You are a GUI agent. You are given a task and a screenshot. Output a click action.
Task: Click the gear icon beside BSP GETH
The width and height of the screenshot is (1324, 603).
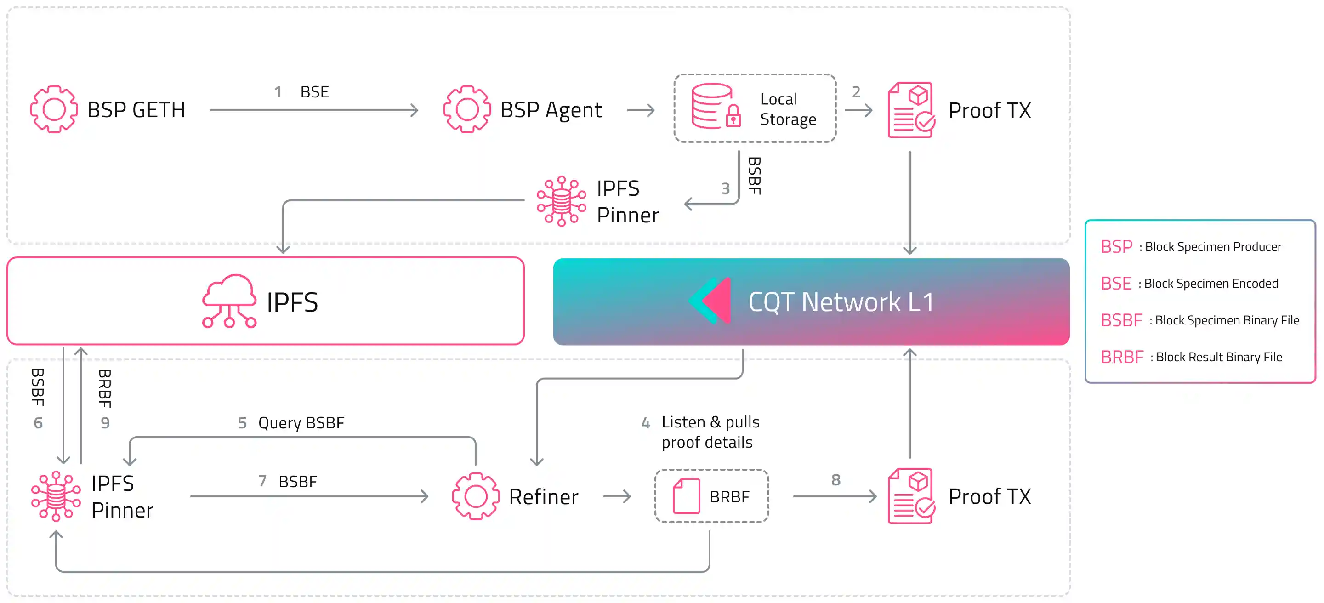[54, 109]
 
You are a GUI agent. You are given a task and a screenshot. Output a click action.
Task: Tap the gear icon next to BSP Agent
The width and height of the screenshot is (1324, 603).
[467, 109]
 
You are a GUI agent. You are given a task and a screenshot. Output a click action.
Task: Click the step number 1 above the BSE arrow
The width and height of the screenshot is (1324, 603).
[278, 92]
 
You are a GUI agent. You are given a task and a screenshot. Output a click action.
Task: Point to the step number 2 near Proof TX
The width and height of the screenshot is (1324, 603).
[856, 92]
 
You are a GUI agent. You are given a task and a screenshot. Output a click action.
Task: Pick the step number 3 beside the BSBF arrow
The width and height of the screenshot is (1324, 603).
[725, 188]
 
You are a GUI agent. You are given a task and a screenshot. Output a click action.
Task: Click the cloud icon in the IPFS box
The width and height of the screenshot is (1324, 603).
[229, 301]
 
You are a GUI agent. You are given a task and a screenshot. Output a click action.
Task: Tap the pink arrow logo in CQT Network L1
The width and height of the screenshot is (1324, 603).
[712, 301]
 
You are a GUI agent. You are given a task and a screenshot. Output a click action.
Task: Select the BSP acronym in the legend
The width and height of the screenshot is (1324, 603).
[1116, 247]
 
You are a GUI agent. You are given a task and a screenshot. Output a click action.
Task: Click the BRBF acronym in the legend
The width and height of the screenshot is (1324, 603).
[1121, 357]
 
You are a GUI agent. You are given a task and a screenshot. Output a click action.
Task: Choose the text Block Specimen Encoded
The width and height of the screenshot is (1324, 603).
[1210, 284]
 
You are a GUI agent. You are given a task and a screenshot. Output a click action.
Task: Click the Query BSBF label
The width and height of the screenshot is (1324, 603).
[301, 422]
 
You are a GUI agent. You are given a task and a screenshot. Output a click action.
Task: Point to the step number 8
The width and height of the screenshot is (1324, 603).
[836, 480]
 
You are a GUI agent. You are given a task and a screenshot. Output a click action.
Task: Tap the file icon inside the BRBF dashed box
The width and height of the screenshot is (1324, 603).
[686, 496]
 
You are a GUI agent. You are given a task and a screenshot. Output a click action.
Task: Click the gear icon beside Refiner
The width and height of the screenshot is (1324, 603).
[476, 496]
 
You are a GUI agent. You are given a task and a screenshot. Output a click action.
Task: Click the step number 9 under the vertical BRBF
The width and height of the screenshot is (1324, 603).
[105, 422]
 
